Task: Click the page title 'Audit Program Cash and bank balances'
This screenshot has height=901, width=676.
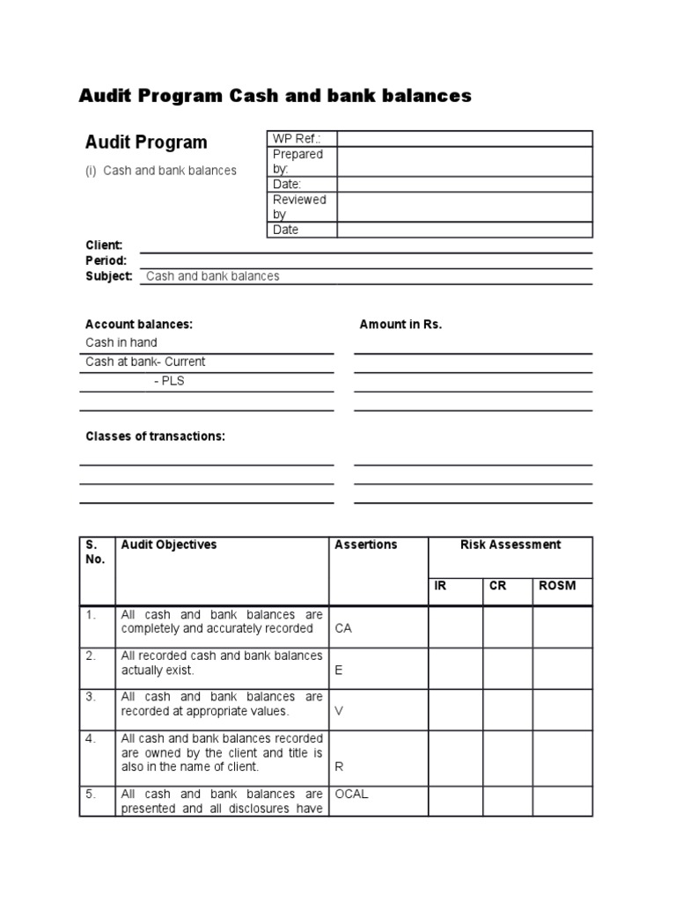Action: (276, 96)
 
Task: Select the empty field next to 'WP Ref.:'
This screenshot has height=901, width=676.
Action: (464, 139)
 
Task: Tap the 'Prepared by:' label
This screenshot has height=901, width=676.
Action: (298, 161)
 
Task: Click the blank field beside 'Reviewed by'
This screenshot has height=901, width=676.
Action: (464, 207)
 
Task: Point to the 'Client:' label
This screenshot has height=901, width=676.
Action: (104, 245)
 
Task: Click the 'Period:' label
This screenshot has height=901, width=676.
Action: (106, 260)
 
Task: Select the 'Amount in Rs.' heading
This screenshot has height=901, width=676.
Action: (400, 324)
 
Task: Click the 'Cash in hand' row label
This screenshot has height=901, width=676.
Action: (121, 342)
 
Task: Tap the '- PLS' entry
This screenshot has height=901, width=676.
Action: (169, 381)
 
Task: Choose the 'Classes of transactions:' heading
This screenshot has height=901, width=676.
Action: (155, 436)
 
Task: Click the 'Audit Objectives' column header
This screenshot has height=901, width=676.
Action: (169, 545)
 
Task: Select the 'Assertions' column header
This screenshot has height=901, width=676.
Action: (366, 545)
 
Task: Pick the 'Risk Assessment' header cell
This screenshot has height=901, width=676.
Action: (510, 545)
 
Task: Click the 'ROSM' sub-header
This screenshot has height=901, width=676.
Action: (558, 586)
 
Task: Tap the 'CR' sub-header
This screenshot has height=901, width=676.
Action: (497, 586)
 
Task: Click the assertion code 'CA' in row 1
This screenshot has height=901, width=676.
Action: (343, 629)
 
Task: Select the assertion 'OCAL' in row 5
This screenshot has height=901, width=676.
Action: (351, 794)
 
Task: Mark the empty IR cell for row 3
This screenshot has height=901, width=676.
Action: (455, 709)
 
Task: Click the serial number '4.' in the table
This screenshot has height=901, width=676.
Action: (91, 738)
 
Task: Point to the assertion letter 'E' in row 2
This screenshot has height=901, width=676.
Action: (338, 670)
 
